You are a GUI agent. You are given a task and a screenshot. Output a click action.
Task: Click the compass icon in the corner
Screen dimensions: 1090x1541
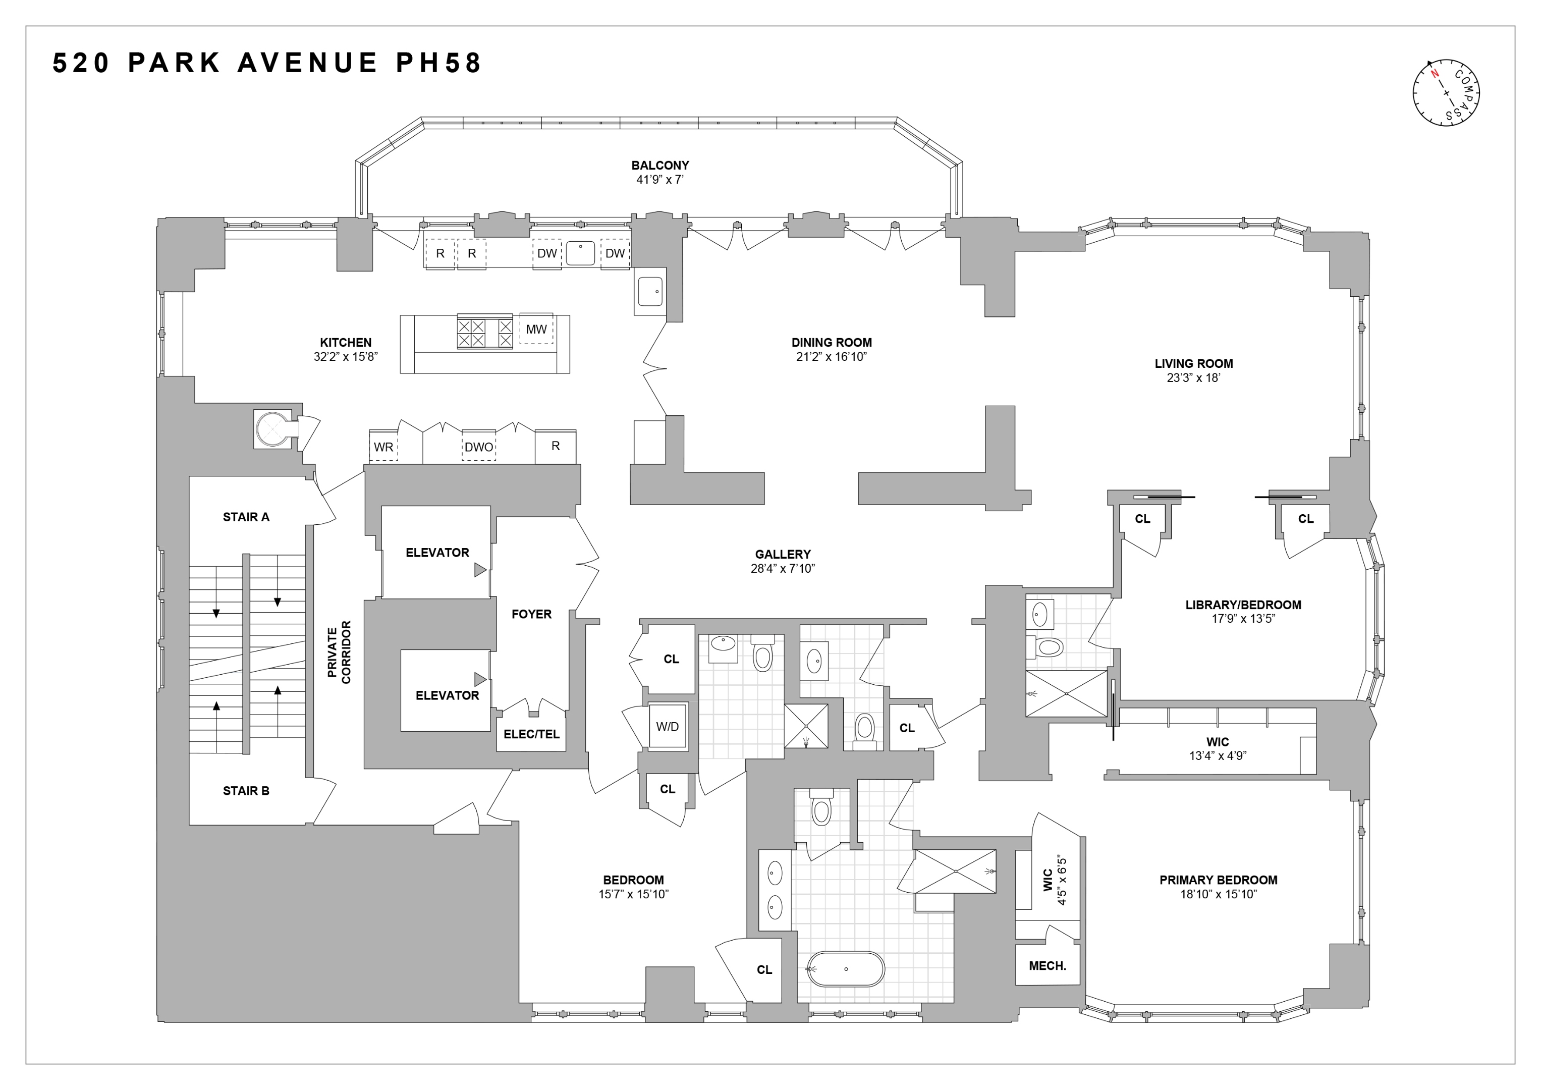[x=1446, y=93]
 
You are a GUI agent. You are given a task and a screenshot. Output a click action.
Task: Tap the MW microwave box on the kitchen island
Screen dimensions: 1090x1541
[x=535, y=329]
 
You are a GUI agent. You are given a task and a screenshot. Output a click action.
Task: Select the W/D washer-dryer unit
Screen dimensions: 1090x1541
[x=667, y=727]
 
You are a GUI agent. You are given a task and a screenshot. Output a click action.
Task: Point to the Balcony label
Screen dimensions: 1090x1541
[x=660, y=165]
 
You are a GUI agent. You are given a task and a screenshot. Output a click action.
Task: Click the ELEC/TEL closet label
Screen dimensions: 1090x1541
[x=531, y=734]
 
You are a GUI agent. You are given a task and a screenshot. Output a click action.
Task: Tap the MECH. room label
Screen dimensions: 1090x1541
[x=1047, y=966]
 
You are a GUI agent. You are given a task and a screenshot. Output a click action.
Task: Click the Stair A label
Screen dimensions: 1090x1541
[x=246, y=517]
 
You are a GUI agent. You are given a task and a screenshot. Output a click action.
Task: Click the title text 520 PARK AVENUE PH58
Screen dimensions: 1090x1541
[x=267, y=63]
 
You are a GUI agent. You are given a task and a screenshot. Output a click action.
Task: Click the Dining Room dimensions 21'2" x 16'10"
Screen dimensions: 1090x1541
[x=831, y=356]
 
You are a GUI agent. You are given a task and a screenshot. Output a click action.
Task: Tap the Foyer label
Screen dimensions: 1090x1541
[x=531, y=614]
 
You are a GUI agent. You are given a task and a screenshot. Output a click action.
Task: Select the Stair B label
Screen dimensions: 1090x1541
[x=246, y=791]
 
